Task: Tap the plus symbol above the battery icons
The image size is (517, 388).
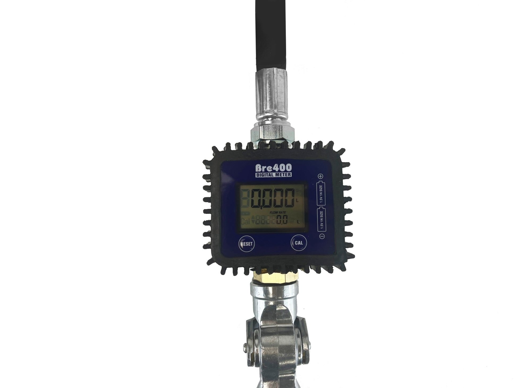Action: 321,176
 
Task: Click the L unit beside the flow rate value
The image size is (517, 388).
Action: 299,222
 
